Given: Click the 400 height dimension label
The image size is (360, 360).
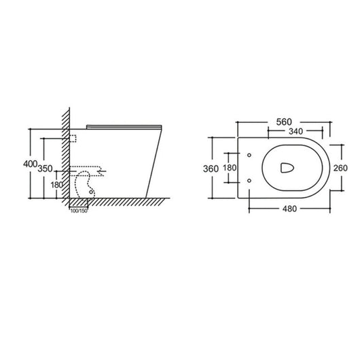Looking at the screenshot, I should pyautogui.click(x=29, y=164).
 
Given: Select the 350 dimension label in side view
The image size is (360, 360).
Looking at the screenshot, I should pyautogui.click(x=46, y=168).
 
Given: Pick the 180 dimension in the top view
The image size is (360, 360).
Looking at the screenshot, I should pyautogui.click(x=231, y=168).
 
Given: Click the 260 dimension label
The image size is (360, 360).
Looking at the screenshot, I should pyautogui.click(x=340, y=168).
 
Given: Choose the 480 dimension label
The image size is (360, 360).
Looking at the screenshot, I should pyautogui.click(x=293, y=209).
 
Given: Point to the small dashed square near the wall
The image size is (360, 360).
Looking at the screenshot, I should pyautogui.click(x=72, y=138).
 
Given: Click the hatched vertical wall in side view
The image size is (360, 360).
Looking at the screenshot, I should pyautogui.click(x=65, y=156).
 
